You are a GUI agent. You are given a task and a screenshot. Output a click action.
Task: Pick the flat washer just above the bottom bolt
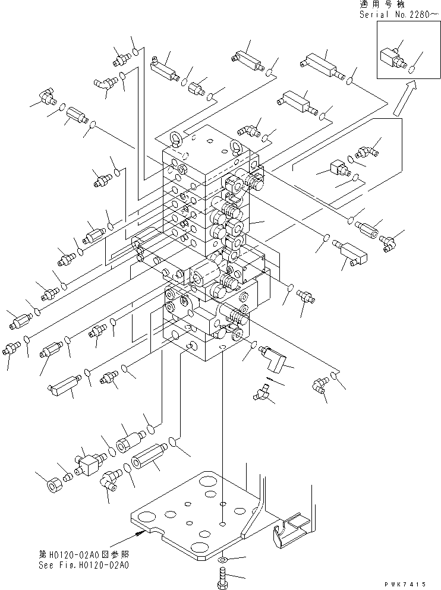tap(222, 560)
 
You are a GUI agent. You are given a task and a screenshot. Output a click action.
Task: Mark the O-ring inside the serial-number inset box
tap(410, 69)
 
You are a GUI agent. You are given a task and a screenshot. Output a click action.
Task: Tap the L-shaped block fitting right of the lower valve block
tap(275, 358)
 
